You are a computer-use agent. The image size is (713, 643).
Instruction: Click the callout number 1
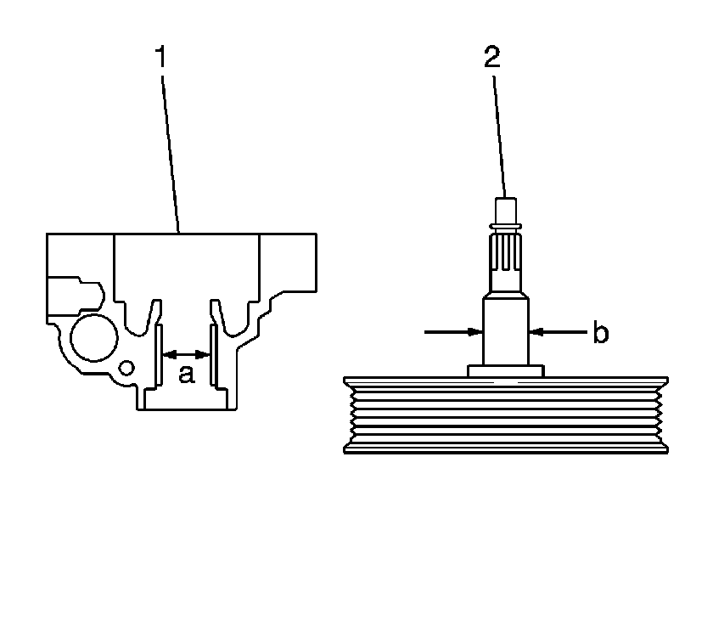click(x=161, y=56)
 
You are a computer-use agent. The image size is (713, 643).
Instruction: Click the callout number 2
click(x=492, y=57)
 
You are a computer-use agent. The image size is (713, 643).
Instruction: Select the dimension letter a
click(x=187, y=374)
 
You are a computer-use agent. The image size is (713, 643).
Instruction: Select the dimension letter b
click(x=601, y=332)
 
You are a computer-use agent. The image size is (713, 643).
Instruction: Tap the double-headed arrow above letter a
click(x=186, y=354)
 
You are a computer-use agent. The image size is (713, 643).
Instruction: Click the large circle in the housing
click(x=94, y=338)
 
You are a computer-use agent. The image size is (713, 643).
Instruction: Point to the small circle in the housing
click(x=126, y=368)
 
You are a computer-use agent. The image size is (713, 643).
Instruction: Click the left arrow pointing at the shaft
click(x=453, y=332)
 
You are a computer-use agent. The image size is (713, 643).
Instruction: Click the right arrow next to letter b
click(x=559, y=332)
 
